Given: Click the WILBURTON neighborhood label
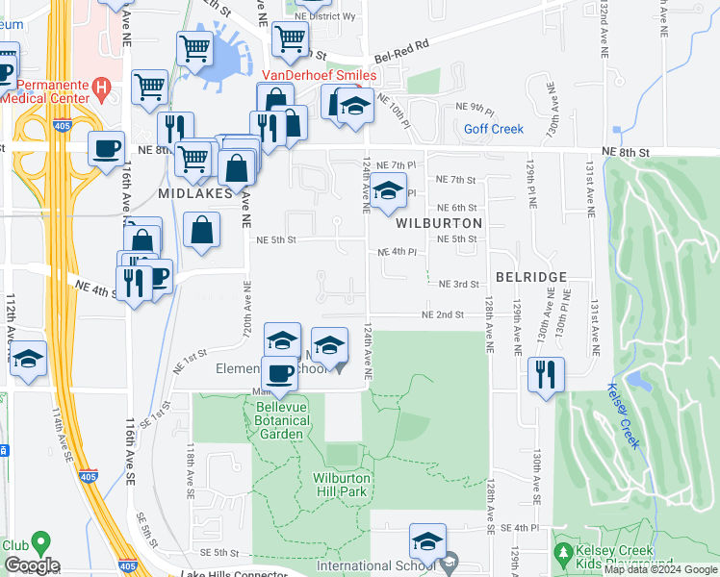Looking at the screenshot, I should point(438,222).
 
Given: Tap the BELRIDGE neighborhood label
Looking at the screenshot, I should point(530,276).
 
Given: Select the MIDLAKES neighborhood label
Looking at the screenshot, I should point(195,193).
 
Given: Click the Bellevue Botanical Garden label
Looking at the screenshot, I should point(281,420).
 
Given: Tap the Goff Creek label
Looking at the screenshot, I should point(493,129).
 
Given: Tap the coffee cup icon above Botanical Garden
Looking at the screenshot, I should point(280,373).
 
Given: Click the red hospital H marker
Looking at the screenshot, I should point(100,88).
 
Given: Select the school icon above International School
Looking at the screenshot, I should point(427,540).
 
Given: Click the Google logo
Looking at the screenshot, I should point(32,565).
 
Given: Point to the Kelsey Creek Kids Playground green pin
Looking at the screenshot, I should point(564,554).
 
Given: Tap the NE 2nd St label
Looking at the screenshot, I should point(442,314).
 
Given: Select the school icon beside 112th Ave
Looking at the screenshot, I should point(29,359).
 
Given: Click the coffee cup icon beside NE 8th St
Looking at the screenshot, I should point(106,148).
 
